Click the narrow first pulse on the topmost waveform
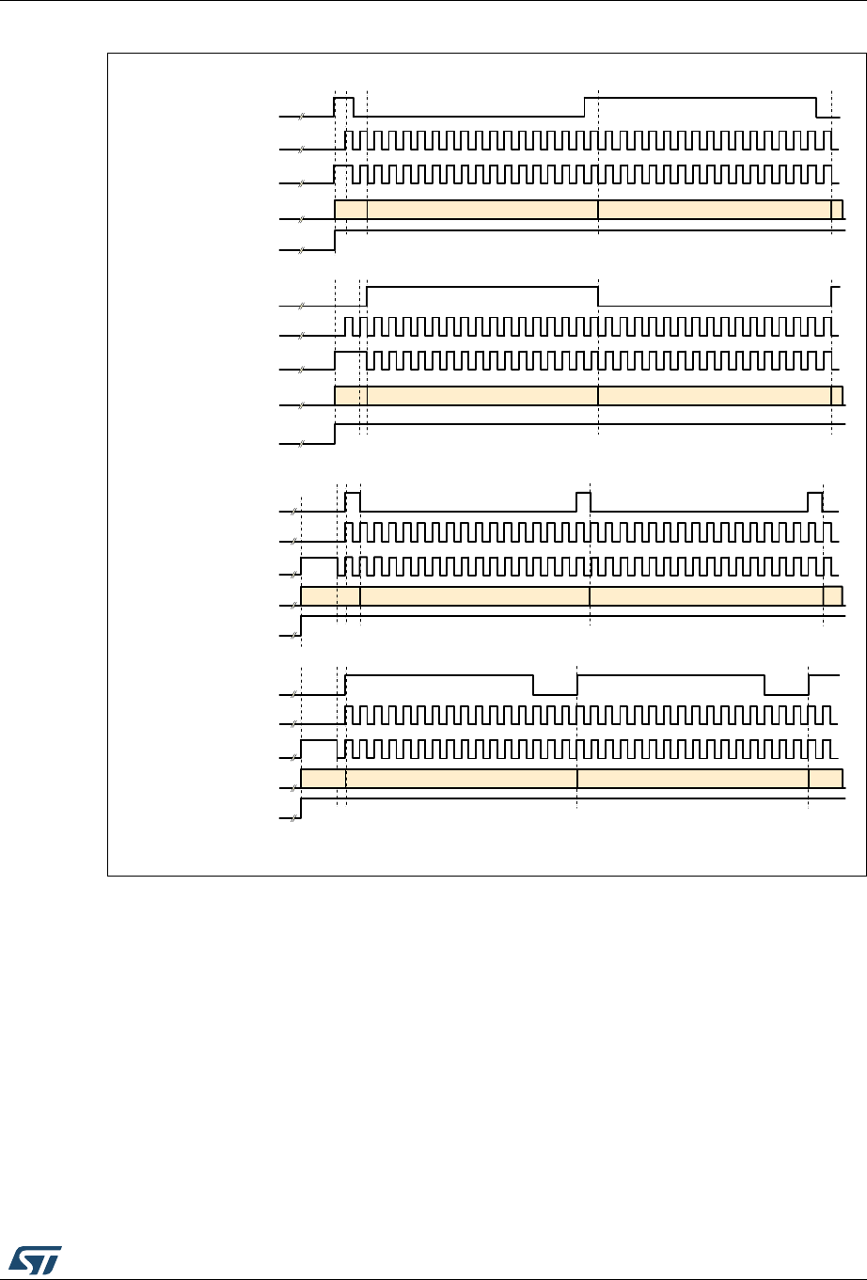(344, 98)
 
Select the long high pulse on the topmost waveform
(700, 98)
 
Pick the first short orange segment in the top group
(351, 209)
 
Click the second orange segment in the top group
(481, 209)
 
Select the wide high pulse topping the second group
(481, 285)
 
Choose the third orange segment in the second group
(715, 395)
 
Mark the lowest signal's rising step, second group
(336, 434)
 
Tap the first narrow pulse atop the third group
(353, 493)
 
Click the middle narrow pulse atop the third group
(583, 493)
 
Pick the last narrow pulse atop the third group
(815, 493)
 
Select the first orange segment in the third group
(330, 595)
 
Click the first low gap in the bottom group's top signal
(555, 693)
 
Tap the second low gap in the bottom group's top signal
(786, 693)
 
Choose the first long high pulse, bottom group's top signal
(440, 675)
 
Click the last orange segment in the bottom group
(825, 778)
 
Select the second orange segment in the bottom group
(461, 778)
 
